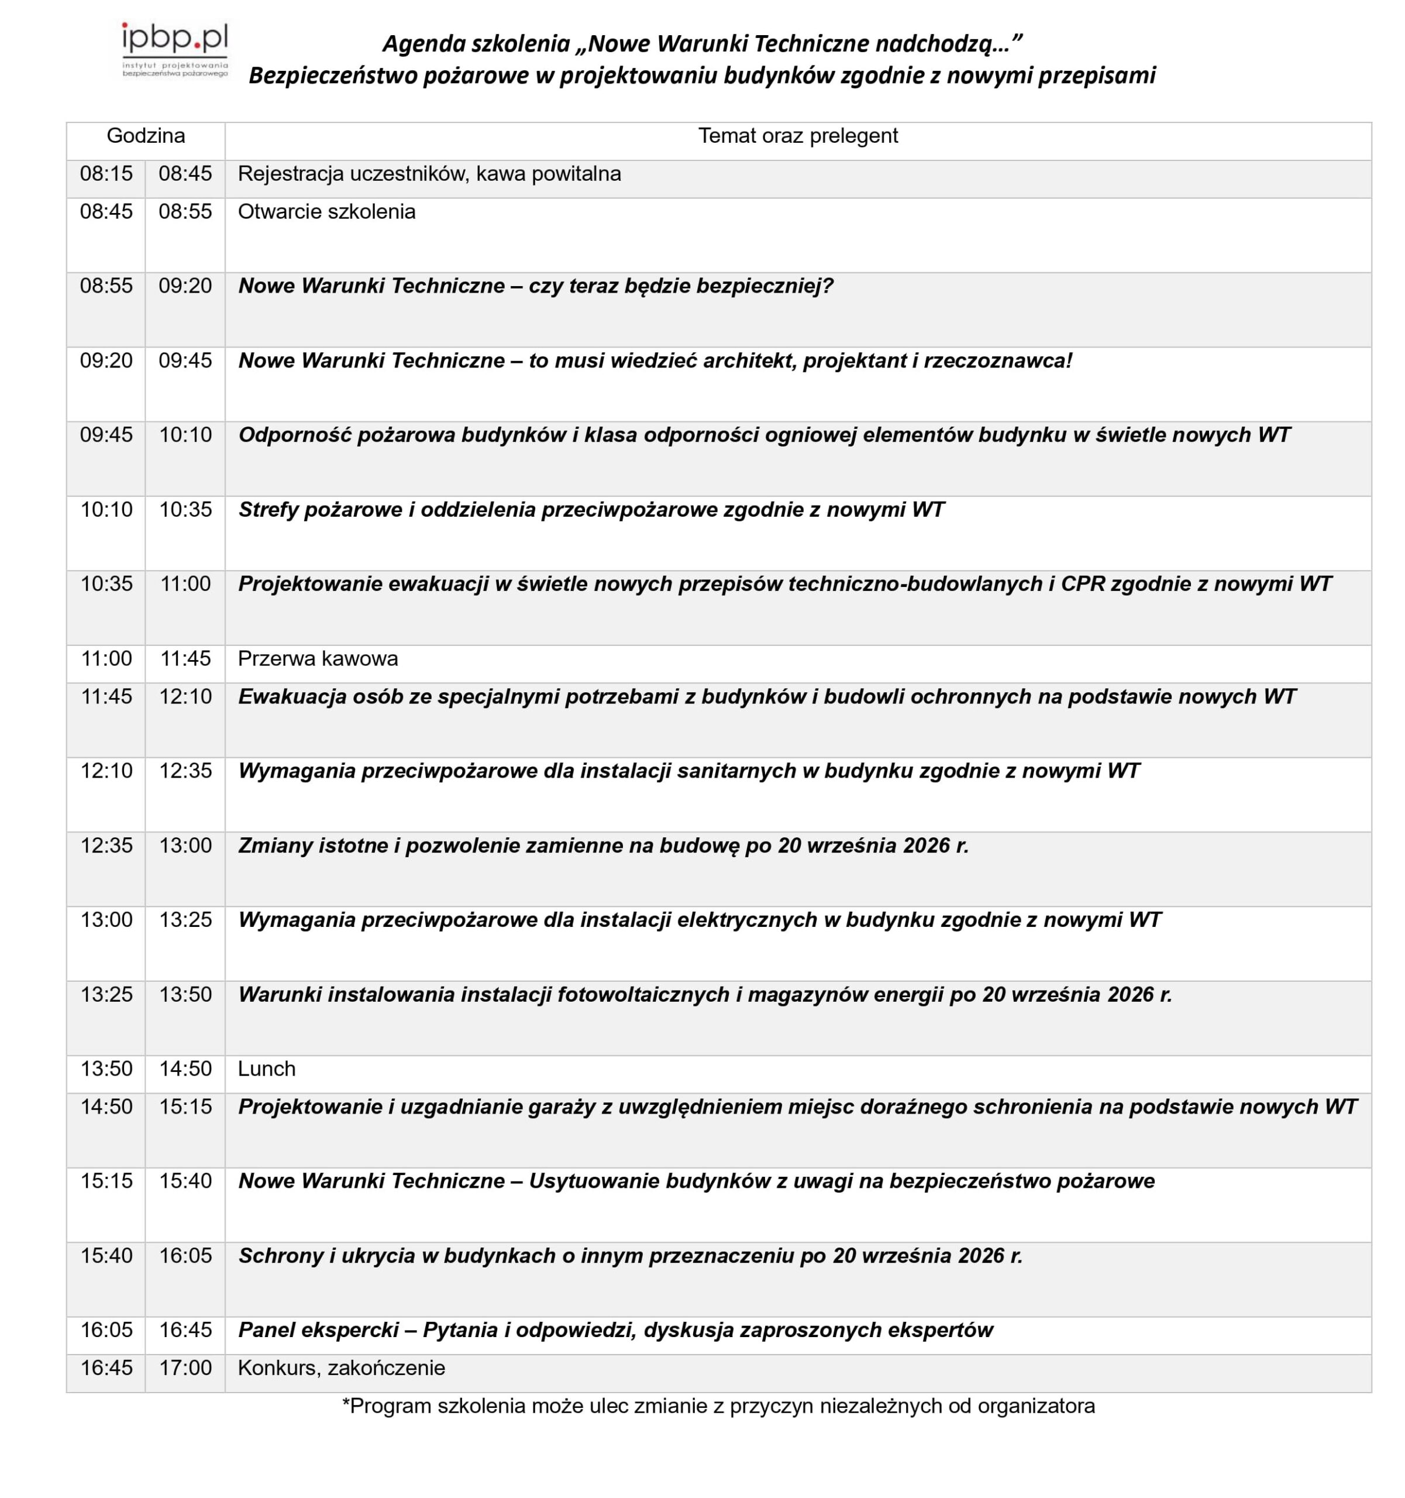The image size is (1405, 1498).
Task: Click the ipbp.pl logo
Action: point(175,50)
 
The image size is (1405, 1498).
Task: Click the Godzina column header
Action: point(146,136)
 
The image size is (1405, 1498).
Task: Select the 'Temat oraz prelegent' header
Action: point(797,136)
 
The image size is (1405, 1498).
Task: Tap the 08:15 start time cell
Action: point(106,174)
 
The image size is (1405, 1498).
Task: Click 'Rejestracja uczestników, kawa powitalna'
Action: point(429,174)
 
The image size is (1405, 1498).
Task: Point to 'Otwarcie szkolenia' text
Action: point(326,212)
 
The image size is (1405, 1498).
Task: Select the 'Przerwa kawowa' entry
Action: point(317,658)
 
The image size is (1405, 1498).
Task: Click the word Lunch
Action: point(266,1068)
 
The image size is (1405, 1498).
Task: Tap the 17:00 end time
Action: point(185,1368)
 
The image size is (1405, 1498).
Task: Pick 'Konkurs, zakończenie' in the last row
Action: point(340,1368)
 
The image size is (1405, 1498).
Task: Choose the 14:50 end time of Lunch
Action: point(185,1068)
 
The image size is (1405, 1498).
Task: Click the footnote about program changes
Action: point(718,1406)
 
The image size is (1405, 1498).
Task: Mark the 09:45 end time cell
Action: point(185,361)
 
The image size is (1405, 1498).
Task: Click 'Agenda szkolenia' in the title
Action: point(476,44)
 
